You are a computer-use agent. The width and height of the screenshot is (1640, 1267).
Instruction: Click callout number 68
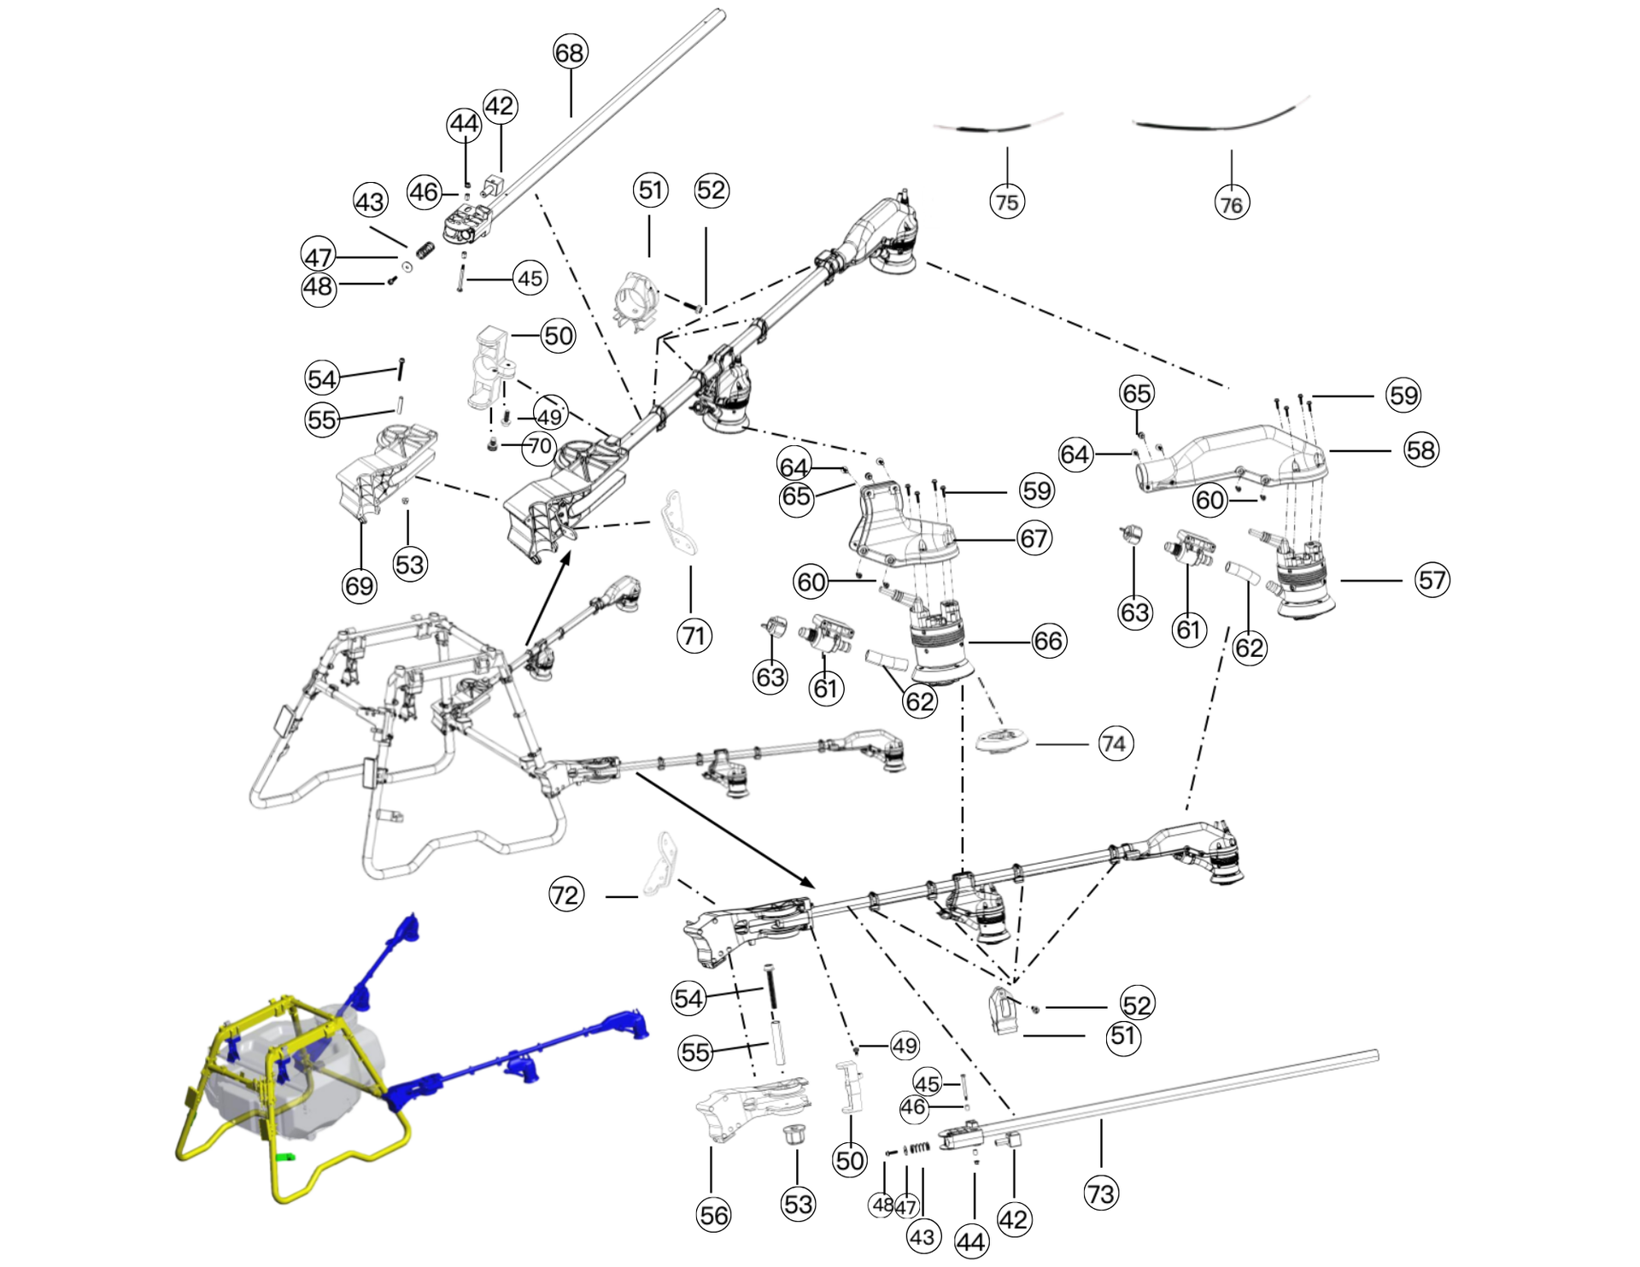tap(570, 53)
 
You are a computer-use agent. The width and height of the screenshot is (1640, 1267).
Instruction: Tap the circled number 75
tap(1007, 202)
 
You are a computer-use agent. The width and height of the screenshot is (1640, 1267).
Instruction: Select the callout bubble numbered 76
tap(1231, 205)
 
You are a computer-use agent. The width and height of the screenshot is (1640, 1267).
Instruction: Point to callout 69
tap(359, 585)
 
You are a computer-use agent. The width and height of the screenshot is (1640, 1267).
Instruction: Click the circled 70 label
tap(540, 446)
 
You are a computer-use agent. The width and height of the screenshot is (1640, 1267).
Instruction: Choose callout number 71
tap(694, 636)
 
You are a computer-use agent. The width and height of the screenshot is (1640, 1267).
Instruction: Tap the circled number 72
tap(565, 895)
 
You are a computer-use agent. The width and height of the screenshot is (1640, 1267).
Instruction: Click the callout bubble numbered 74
tap(1113, 744)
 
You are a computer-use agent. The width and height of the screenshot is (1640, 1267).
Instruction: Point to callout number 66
tap(1048, 642)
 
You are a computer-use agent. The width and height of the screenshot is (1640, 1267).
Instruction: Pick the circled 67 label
tap(1034, 539)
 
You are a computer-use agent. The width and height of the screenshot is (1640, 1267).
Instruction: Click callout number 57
tap(1432, 580)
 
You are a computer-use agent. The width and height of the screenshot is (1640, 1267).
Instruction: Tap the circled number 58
tap(1420, 450)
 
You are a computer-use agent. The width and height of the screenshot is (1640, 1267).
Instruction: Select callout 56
tap(714, 1215)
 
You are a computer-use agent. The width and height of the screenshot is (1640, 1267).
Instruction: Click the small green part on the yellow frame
tap(286, 1157)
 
